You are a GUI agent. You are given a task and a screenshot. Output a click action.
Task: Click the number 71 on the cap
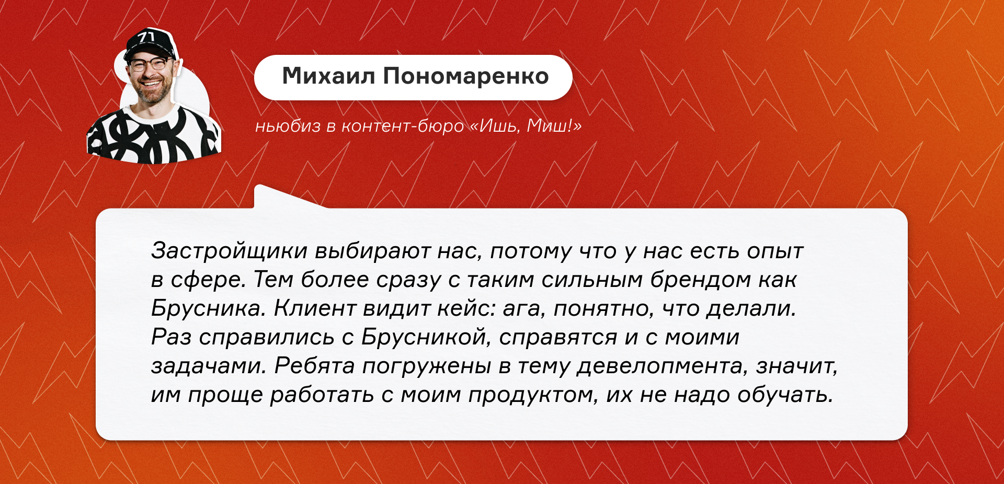(x=146, y=37)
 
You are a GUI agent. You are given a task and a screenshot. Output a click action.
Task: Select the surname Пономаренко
(x=466, y=77)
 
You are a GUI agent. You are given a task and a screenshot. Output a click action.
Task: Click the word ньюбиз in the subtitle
(x=288, y=126)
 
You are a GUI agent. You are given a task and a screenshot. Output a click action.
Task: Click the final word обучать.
(x=785, y=395)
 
